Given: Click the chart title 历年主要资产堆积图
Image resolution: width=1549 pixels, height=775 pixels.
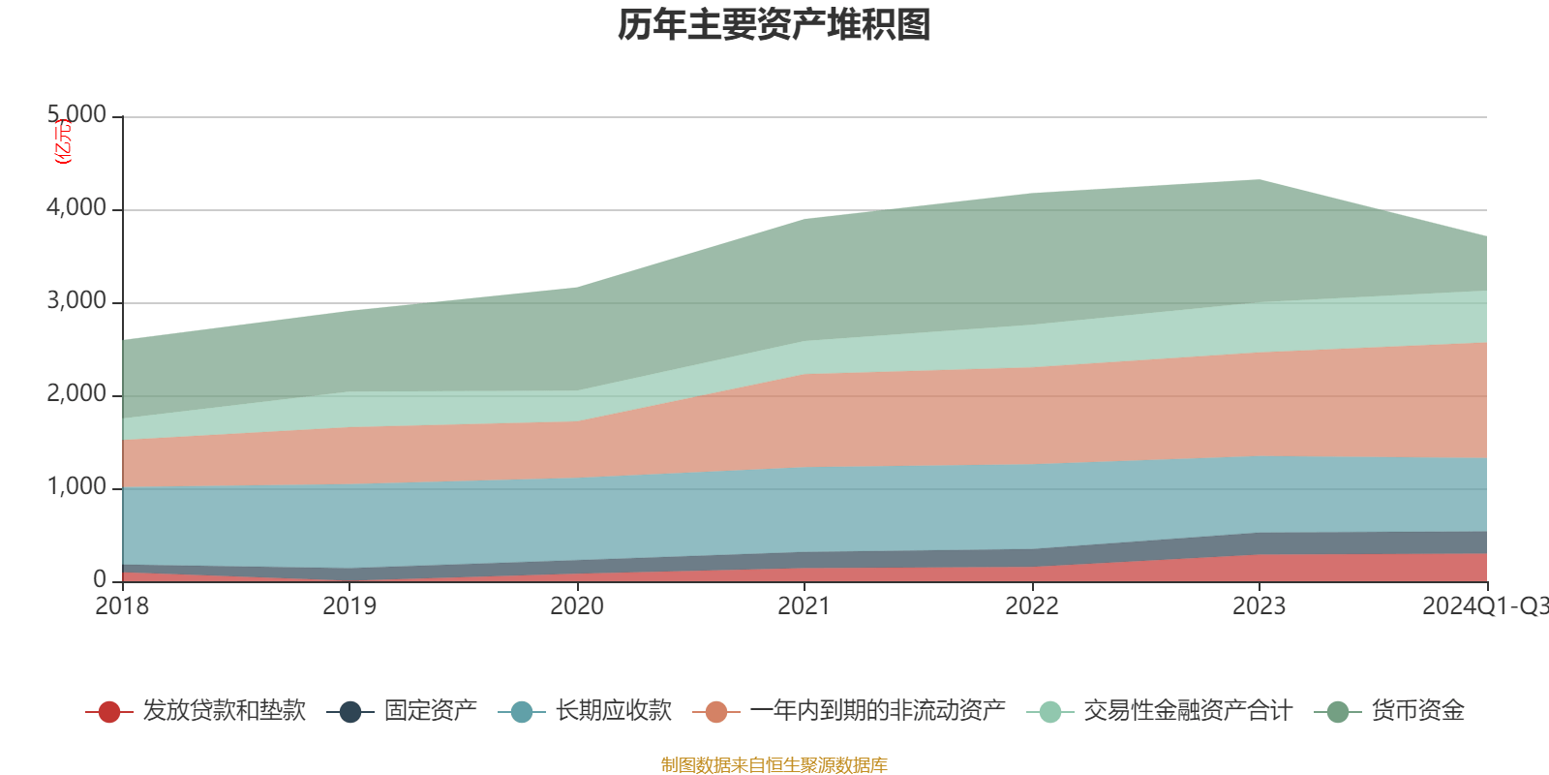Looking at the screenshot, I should (774, 25).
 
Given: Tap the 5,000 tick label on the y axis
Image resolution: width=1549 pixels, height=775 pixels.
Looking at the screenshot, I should (76, 115).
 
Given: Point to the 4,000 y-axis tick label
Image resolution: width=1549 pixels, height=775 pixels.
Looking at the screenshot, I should (76, 208).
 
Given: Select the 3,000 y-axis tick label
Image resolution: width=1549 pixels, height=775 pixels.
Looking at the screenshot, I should (76, 301).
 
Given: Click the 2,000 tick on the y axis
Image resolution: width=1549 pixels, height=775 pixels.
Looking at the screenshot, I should (76, 394).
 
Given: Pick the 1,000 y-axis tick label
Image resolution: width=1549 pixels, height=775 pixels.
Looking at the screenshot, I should (76, 487).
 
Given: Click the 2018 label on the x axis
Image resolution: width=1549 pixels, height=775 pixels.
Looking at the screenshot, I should (122, 606).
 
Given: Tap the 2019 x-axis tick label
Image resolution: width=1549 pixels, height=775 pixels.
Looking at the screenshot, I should (349, 606).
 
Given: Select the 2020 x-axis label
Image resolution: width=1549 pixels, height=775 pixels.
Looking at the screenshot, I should (577, 606).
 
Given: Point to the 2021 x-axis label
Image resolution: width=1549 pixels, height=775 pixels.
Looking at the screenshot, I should (805, 606).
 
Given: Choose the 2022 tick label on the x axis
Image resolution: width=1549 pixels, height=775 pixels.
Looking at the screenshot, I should (1032, 606).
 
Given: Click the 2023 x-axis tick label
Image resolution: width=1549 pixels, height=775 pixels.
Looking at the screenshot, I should (1259, 606).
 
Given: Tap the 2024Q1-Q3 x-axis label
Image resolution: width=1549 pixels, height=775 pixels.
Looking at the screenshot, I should (1484, 606).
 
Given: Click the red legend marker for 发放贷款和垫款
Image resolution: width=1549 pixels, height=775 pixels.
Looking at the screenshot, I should (109, 712).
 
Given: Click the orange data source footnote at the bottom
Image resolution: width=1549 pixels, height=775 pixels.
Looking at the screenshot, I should (774, 765).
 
